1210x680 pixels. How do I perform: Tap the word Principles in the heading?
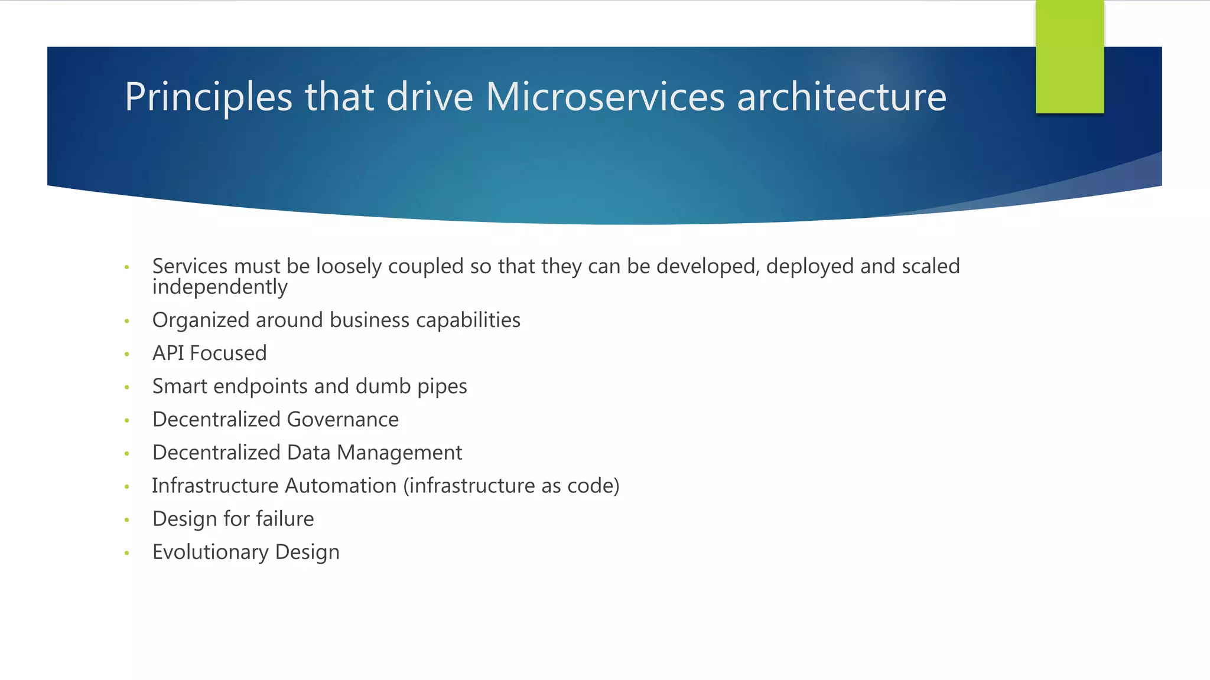(209, 97)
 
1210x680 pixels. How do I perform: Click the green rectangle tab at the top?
(1069, 57)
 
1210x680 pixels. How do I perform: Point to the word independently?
(220, 287)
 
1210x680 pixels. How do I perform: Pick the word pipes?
(442, 387)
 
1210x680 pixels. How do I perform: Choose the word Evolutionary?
(210, 552)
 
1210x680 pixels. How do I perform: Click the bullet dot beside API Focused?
(126, 354)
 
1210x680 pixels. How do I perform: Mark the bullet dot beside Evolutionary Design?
(126, 553)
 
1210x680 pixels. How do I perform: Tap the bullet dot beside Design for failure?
(126, 520)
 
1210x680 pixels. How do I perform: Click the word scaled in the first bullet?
(931, 266)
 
